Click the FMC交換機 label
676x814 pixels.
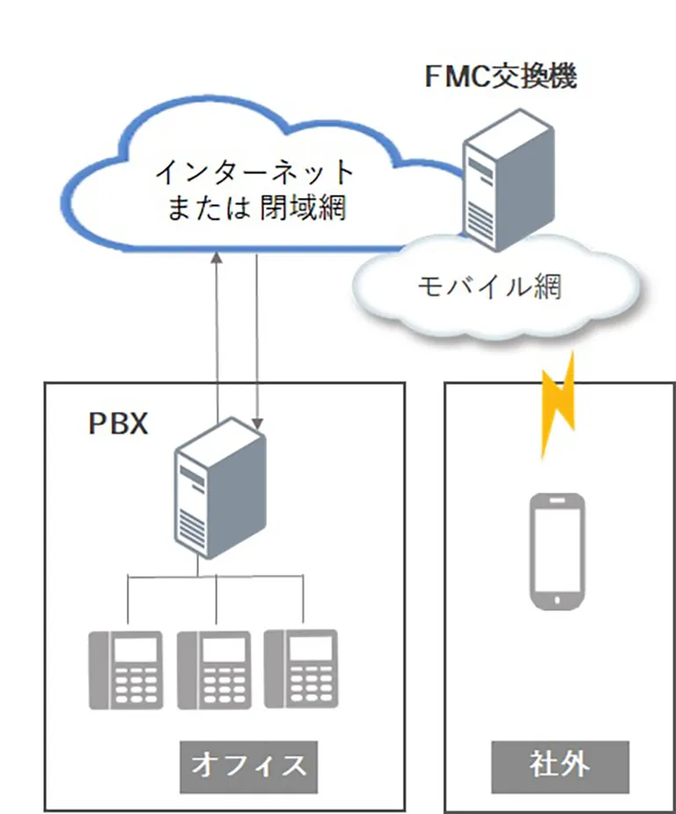(x=501, y=77)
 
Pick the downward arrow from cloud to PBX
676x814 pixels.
(x=257, y=334)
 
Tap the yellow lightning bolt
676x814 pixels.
(x=557, y=402)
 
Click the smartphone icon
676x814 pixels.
(x=556, y=551)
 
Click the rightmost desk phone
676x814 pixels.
(x=301, y=669)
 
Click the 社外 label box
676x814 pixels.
(x=560, y=763)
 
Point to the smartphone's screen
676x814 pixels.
(x=556, y=548)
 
